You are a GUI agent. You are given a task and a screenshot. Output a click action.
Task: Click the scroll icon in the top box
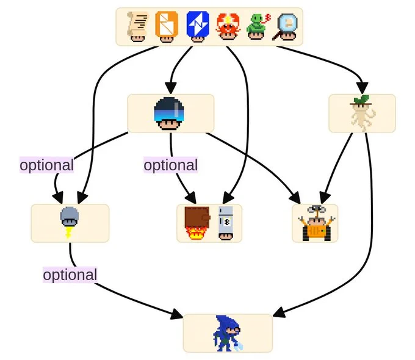coord(137,26)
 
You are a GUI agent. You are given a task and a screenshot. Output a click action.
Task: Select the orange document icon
coord(167,26)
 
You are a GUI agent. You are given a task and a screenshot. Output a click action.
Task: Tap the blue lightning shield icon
coord(198,26)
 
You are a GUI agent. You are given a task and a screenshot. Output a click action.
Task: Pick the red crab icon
coord(228,26)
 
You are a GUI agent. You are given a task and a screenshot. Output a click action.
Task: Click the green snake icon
coord(258,26)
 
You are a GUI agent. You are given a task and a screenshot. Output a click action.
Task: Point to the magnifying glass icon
coord(286,27)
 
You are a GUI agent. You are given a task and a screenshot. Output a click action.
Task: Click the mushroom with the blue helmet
coord(169,113)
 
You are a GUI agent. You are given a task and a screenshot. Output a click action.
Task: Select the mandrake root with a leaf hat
coord(362,113)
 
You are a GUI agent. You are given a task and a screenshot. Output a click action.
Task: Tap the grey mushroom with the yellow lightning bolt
coord(70,222)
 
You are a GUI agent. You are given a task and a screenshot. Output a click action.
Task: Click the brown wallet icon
coord(198,223)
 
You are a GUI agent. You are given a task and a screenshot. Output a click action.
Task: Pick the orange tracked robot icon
coord(316,223)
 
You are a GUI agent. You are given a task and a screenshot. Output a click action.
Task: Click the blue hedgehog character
coord(228,333)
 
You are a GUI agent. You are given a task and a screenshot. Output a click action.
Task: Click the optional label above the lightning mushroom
coord(46,165)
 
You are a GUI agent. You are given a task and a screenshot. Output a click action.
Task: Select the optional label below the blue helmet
coord(171,165)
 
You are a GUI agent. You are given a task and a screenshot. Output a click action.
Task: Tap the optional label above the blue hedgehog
coord(70,275)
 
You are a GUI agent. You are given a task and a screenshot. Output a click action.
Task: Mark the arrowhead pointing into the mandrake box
coord(362,88)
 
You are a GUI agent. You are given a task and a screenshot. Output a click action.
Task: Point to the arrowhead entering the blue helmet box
coord(171,88)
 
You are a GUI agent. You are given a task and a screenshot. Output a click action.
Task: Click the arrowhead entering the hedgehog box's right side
coord(279,312)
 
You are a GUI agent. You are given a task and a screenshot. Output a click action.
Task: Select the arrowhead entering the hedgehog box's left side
coord(177,314)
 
